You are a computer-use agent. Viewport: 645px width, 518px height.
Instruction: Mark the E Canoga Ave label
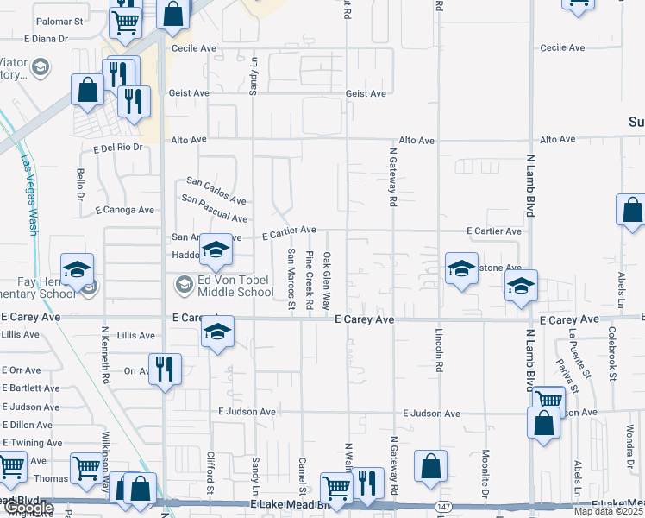125,210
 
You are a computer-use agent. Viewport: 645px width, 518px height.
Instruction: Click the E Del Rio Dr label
117,148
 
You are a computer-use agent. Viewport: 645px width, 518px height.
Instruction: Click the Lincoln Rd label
439,346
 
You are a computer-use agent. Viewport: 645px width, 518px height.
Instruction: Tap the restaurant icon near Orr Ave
164,370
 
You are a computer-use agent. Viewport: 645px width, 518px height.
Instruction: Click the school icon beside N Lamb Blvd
520,287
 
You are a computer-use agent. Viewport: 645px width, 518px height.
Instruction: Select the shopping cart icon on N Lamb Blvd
548,401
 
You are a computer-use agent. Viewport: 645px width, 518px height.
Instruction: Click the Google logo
28,509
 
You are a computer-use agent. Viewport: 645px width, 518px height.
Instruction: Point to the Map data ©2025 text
607,511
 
